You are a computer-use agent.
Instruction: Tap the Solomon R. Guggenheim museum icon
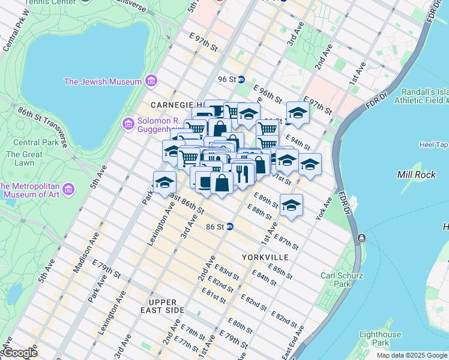click(128, 124)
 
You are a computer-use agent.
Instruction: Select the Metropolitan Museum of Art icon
click(68, 190)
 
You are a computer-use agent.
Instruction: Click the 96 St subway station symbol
click(241, 79)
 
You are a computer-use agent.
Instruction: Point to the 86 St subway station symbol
click(229, 227)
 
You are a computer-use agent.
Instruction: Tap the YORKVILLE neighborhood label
click(265, 257)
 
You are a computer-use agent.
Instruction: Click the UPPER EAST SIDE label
click(158, 306)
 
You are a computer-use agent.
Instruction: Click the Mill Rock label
click(412, 174)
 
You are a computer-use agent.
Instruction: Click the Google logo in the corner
click(19, 353)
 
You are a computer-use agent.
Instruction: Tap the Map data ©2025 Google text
click(411, 355)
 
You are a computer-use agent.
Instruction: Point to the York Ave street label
click(323, 208)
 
